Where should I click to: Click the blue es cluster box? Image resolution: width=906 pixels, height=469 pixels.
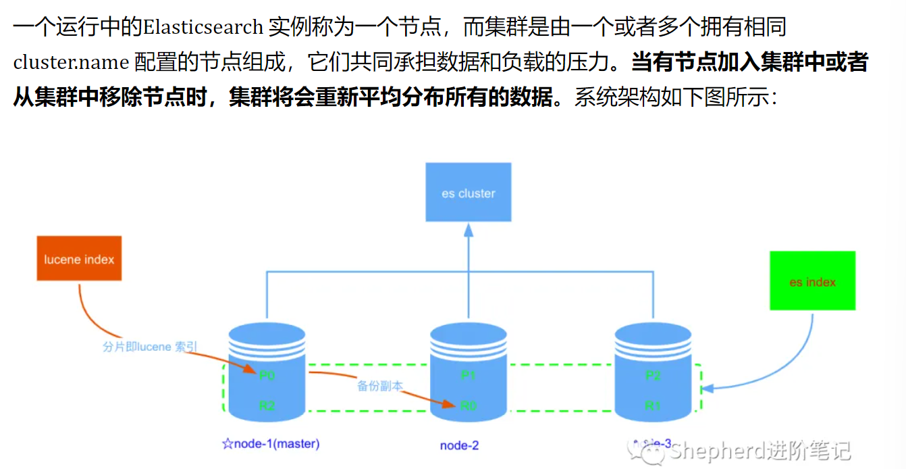[x=468, y=193]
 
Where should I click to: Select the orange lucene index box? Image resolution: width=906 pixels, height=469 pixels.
[x=79, y=259]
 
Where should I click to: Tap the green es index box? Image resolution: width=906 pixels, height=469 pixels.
[x=812, y=281]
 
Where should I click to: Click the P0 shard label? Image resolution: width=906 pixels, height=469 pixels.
[x=267, y=374]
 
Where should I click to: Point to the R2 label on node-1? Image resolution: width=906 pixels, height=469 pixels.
[x=267, y=405]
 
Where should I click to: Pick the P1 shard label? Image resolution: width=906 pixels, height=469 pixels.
[x=468, y=375]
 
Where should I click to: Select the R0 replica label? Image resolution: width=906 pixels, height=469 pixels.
[x=468, y=405]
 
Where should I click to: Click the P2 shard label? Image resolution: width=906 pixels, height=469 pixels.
[x=653, y=375]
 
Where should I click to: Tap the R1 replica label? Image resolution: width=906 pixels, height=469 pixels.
[x=653, y=405]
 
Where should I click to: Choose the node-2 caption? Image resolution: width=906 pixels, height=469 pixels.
[x=459, y=445]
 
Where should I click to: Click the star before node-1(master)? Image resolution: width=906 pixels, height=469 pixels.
[x=227, y=444]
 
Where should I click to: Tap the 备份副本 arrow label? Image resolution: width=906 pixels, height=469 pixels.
[x=379, y=386]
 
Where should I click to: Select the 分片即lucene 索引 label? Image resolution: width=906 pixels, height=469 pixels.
[x=150, y=347]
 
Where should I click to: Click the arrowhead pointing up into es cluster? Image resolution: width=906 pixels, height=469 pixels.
[x=468, y=229]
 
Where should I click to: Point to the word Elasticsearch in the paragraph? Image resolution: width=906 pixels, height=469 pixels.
[x=202, y=28]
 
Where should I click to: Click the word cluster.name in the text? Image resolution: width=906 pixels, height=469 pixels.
[x=71, y=63]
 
